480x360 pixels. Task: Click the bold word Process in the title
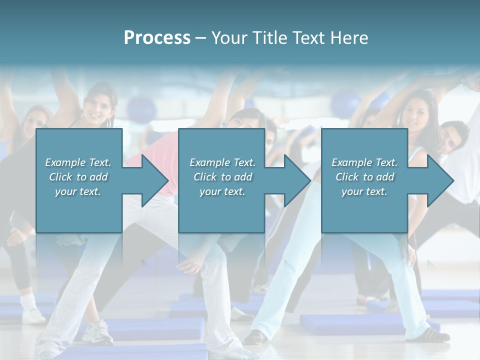pyautogui.click(x=157, y=38)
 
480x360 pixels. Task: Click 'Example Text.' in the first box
pyautogui.click(x=78, y=162)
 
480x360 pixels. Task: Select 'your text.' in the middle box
pyautogui.click(x=222, y=191)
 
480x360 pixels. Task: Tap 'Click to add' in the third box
pyautogui.click(x=364, y=177)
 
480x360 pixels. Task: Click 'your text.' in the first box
pyautogui.click(x=78, y=191)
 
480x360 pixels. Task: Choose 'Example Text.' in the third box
pyautogui.click(x=364, y=162)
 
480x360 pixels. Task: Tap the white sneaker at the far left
pyautogui.click(x=33, y=314)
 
